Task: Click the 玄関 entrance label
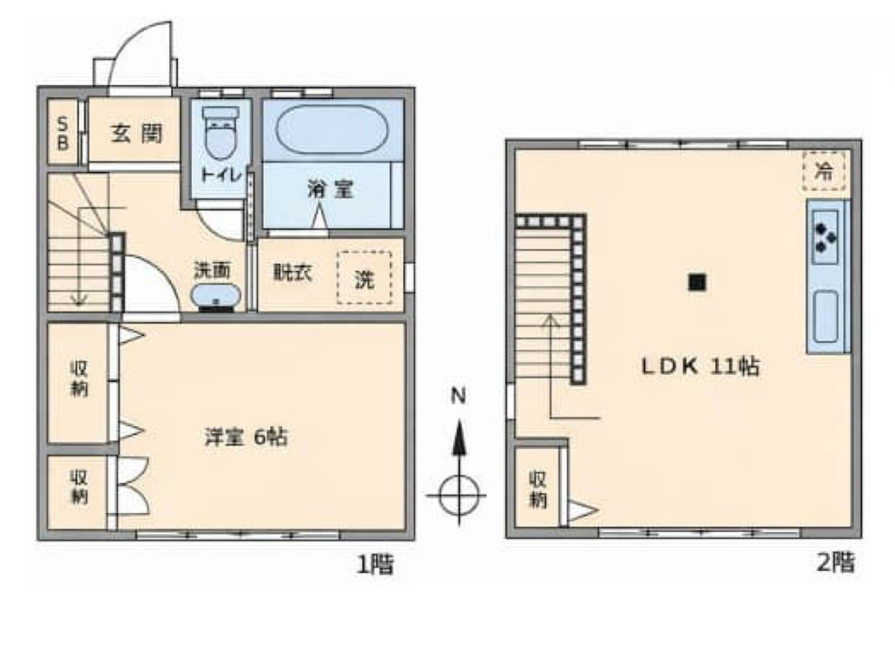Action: click(137, 133)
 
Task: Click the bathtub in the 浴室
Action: click(332, 129)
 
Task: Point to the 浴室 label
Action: click(331, 189)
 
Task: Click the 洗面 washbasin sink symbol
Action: click(215, 296)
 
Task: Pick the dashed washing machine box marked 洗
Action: click(365, 277)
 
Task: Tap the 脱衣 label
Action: click(293, 272)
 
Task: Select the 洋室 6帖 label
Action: click(246, 437)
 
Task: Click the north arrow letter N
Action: click(458, 395)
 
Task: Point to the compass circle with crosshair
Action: click(458, 495)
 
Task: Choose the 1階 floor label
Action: click(376, 564)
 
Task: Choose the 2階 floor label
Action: click(836, 563)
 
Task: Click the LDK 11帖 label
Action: click(701, 366)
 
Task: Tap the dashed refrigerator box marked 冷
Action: click(823, 170)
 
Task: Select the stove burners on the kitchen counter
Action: click(825, 237)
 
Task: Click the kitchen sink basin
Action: click(825, 316)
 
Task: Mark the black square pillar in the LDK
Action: click(697, 282)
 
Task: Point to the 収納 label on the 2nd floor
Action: click(537, 489)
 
